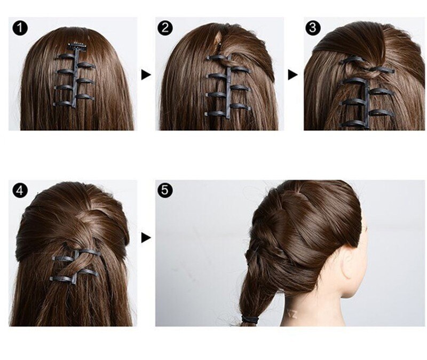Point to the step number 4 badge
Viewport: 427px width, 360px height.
(20, 190)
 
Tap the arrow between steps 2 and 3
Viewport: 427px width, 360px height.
(292, 75)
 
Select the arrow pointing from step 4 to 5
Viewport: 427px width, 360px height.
(146, 238)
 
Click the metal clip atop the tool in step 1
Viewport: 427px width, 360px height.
(80, 46)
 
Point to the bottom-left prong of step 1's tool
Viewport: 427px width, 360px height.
(62, 103)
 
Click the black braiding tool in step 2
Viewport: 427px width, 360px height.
(226, 85)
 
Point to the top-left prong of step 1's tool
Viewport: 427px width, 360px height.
(66, 56)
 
